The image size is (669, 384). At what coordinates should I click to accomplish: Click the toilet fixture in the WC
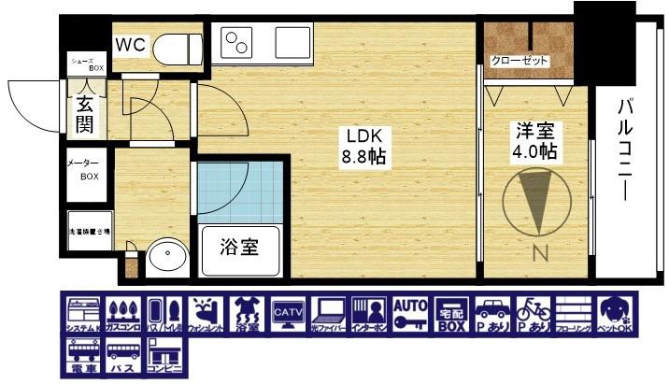178,46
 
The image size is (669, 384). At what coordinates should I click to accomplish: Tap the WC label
130,44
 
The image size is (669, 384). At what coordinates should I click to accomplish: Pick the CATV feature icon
287,314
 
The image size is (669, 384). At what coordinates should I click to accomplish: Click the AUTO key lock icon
409,314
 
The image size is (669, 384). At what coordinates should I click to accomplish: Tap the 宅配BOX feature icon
450,314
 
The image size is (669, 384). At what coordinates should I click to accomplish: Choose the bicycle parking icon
532,314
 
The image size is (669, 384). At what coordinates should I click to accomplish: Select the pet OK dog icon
615,314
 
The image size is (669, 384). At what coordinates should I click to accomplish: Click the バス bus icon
122,357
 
